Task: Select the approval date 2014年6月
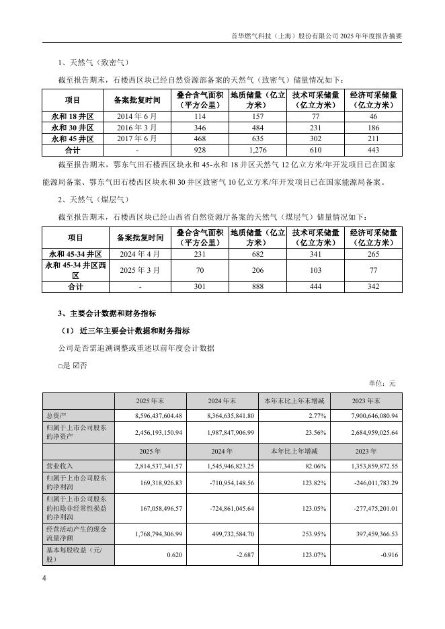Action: [x=137, y=116]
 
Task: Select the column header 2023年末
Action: [x=367, y=401]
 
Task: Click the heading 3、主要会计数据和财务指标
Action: [x=108, y=313]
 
